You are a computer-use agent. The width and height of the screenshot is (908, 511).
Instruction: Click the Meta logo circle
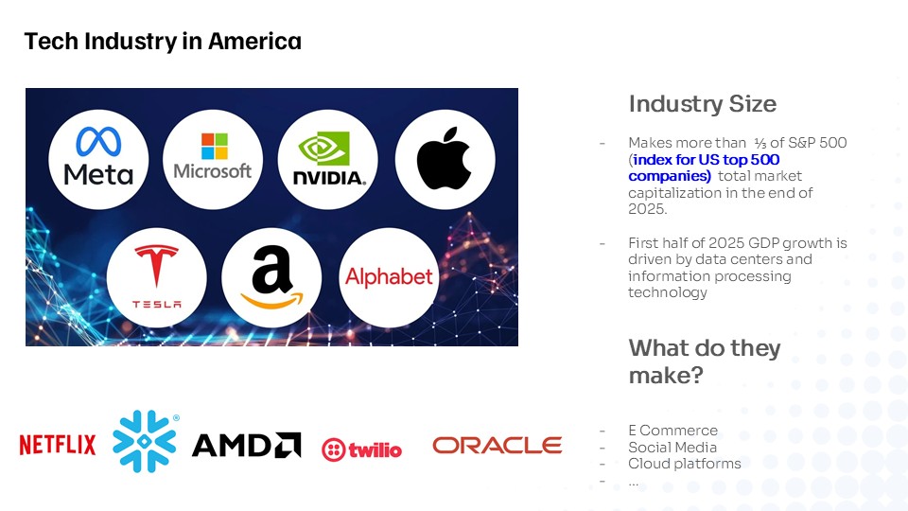point(98,159)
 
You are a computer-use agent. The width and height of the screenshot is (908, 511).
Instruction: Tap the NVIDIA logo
point(328,159)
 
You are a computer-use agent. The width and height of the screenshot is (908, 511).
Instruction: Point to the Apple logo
point(445,159)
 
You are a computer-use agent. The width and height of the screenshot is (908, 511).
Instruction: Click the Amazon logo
point(271,277)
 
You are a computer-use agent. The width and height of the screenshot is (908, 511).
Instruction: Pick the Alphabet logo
point(389,277)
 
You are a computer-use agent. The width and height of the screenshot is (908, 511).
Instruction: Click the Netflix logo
point(58,445)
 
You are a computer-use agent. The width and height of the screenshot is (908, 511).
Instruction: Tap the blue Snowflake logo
point(145,442)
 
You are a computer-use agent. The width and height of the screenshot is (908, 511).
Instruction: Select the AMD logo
point(246,445)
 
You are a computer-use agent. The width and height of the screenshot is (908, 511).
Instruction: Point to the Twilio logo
point(361,449)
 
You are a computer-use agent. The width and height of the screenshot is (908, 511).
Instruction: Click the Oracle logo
point(497,445)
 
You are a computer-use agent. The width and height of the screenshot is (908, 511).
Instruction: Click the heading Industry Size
point(703,104)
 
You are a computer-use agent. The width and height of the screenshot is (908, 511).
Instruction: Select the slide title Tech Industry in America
point(163,42)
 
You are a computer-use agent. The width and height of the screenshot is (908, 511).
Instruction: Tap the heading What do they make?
point(705,361)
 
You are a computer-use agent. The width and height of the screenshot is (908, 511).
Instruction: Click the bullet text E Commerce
point(672,431)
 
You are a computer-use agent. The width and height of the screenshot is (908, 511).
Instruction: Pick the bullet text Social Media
point(672,448)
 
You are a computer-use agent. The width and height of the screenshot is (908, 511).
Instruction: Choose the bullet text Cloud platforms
point(685,464)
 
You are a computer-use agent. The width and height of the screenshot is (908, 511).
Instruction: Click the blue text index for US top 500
point(707,159)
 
